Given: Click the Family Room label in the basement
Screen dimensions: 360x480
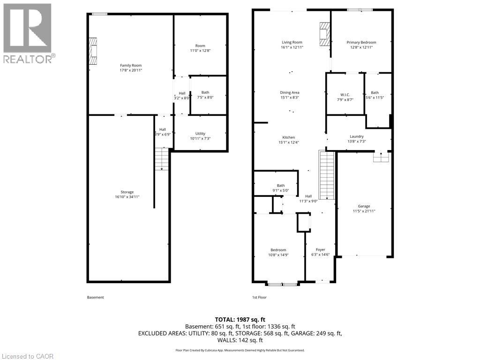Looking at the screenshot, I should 131,66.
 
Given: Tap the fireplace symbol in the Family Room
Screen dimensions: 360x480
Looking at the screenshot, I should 94,51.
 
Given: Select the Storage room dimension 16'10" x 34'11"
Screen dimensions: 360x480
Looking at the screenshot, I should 127,197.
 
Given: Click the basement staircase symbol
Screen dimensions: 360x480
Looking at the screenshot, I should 162,159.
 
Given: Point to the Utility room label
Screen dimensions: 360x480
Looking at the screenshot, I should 200,134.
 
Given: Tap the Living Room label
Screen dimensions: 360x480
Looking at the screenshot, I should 292,43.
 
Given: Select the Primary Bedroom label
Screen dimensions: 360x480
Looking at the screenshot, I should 361,43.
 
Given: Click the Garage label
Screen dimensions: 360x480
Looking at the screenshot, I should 364,206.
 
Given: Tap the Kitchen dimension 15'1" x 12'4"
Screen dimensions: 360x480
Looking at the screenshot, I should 288,142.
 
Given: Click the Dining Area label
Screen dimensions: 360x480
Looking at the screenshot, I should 290,93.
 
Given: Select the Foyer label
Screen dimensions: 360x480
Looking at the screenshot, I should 321,250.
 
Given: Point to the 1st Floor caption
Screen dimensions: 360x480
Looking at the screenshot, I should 259,297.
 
